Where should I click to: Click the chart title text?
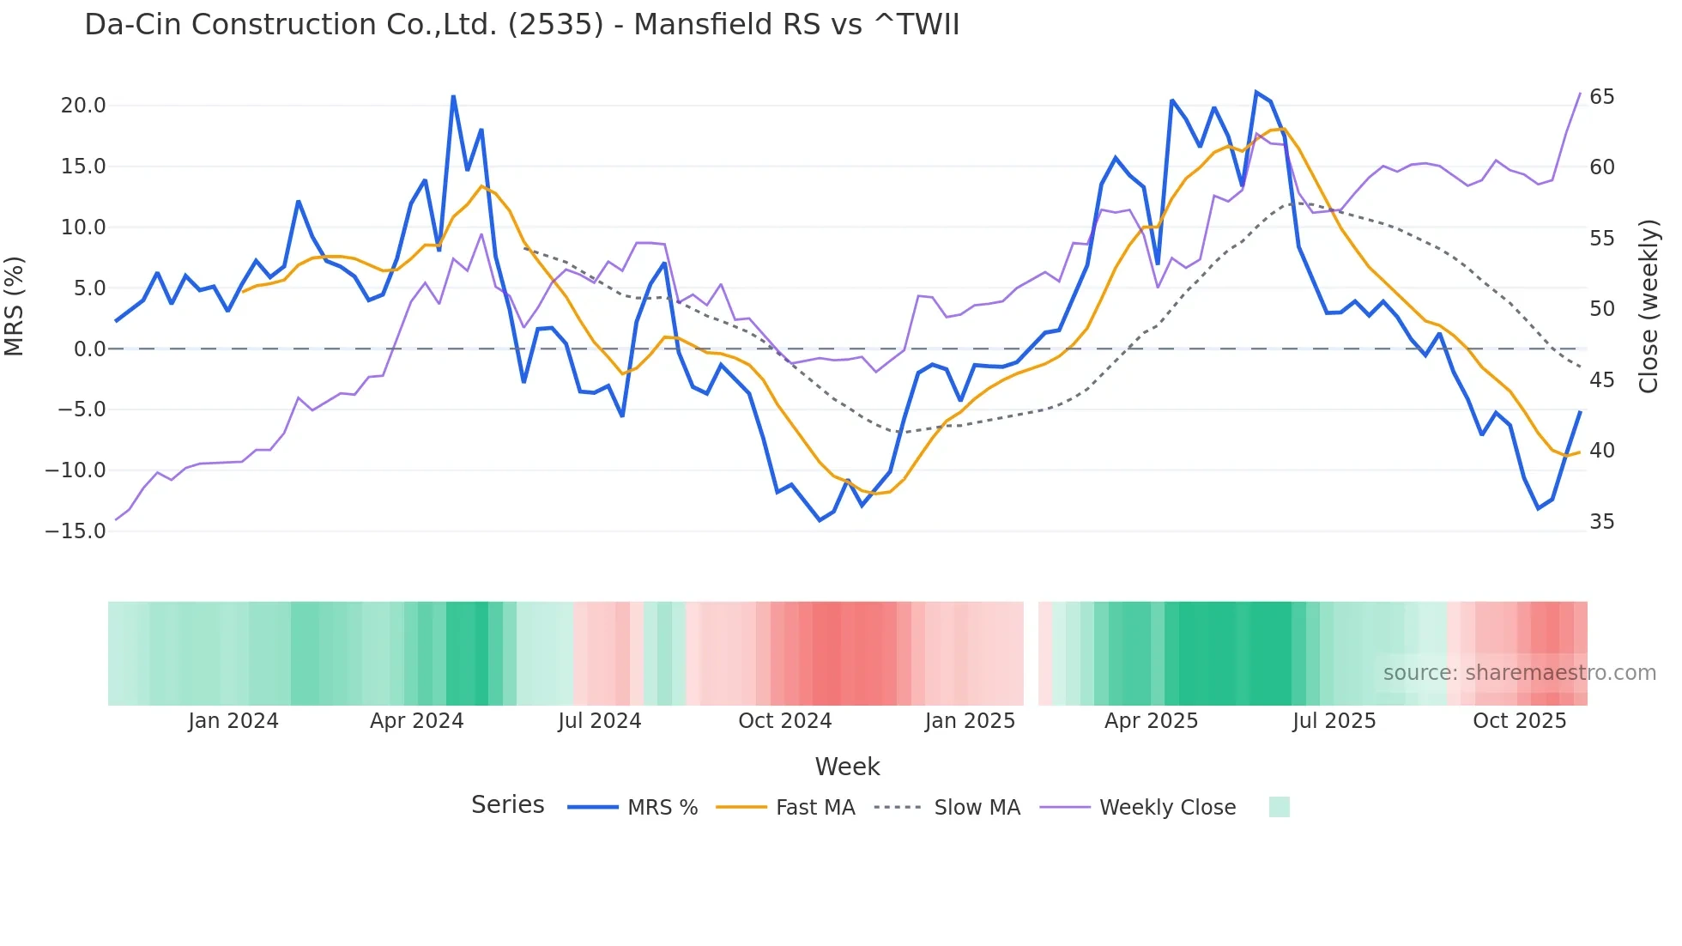tap(522, 24)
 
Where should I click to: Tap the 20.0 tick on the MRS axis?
tap(83, 106)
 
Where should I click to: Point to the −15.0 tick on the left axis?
tap(76, 531)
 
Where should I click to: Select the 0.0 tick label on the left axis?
tap(89, 349)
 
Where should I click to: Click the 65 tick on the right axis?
tap(1601, 97)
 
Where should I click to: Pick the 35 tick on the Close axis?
tap(1601, 522)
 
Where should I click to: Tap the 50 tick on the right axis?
tap(1601, 309)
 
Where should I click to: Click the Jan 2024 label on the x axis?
tap(233, 721)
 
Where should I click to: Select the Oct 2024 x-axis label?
tap(784, 721)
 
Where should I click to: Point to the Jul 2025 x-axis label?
tap(1334, 721)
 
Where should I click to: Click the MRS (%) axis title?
tap(15, 306)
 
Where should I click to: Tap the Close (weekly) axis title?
tap(1648, 306)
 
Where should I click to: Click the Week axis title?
tap(847, 767)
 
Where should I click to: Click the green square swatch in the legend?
tap(1279, 808)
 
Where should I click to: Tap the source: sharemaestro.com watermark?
tap(1519, 673)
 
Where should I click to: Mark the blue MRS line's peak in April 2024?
tap(453, 97)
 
